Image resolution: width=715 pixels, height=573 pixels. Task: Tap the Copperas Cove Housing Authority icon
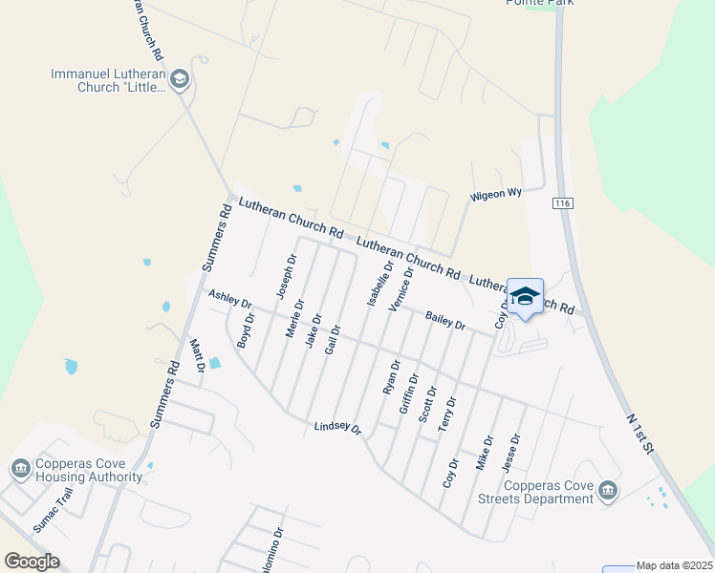(x=19, y=469)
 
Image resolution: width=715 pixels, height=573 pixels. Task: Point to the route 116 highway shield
(x=561, y=204)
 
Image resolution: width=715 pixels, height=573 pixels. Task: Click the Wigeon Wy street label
(x=495, y=194)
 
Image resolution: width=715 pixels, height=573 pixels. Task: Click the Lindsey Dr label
(x=337, y=428)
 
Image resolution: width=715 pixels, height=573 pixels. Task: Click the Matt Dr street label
(x=198, y=355)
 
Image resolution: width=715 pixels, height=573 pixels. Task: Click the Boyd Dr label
(x=246, y=330)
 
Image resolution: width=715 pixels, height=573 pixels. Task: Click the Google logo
(x=32, y=561)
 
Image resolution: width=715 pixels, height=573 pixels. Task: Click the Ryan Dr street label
(x=391, y=377)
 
